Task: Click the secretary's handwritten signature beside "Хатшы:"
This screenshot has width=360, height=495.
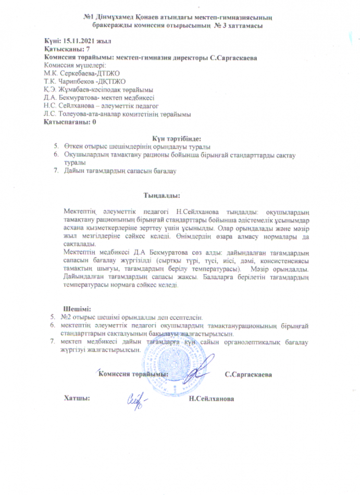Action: coord(137,399)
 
